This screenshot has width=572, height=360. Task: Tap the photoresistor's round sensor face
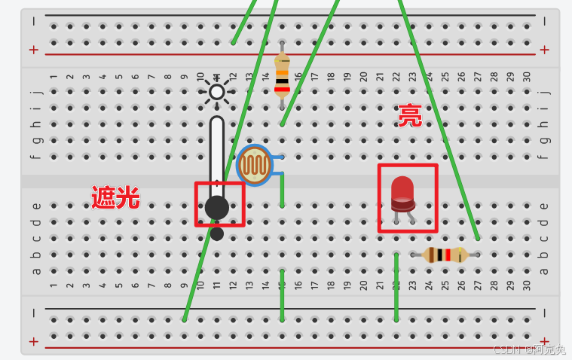[254, 166]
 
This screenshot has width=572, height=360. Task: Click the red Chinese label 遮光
[115, 197]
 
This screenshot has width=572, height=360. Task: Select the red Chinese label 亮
[410, 115]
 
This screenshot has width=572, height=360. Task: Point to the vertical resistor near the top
[282, 75]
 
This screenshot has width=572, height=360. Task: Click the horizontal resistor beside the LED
[445, 255]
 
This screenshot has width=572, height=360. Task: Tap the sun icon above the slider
[216, 92]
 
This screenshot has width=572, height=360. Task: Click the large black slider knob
[217, 206]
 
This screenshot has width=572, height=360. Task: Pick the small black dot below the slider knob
[217, 233]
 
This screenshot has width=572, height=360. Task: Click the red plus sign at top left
[33, 50]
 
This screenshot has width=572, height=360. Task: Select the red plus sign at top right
[544, 50]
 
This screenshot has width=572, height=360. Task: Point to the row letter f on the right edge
[544, 157]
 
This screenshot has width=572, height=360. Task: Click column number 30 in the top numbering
[527, 77]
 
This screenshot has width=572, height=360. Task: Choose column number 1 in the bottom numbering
[54, 285]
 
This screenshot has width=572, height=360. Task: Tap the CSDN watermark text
[528, 349]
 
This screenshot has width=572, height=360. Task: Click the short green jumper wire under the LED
[396, 286]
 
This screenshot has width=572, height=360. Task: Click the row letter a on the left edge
[35, 271]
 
